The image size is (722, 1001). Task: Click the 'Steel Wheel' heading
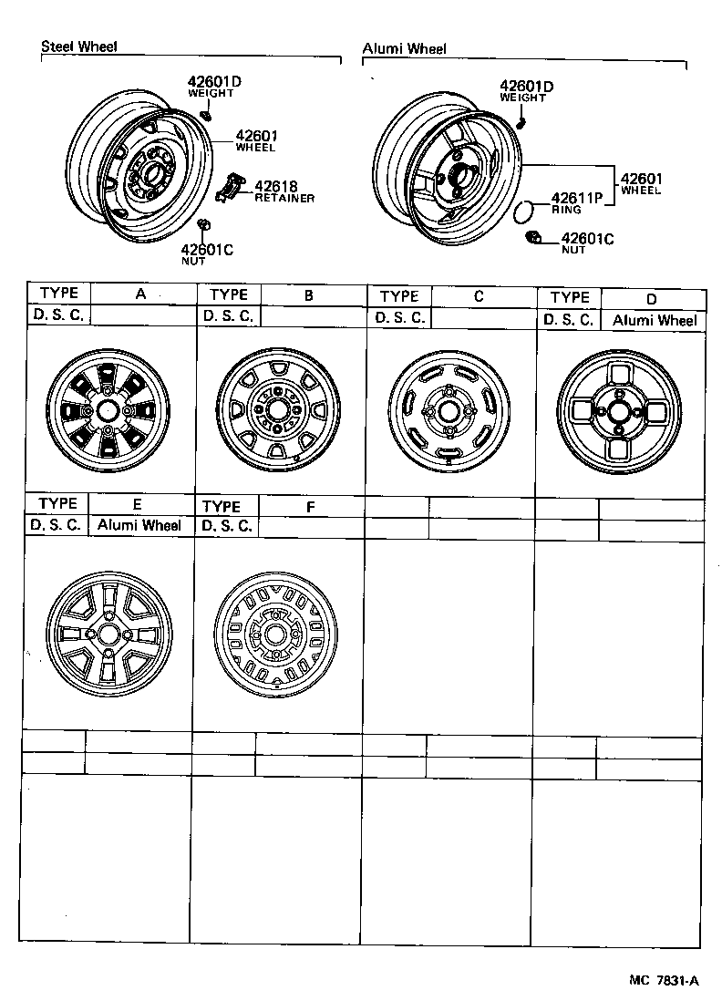(79, 46)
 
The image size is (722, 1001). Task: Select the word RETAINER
(284, 198)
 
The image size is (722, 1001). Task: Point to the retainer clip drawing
(230, 186)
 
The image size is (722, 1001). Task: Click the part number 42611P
(577, 198)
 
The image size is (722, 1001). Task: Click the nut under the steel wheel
(204, 225)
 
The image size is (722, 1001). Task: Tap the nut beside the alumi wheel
(534, 239)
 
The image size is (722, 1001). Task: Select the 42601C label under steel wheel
(207, 250)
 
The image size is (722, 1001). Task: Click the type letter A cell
(140, 294)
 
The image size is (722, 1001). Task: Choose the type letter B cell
(309, 294)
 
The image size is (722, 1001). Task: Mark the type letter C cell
(479, 295)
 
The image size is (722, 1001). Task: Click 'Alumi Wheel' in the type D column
(654, 320)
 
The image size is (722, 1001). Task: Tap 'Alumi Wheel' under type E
(139, 525)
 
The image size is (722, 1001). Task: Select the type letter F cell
(310, 505)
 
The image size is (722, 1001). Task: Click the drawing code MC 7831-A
(663, 981)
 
